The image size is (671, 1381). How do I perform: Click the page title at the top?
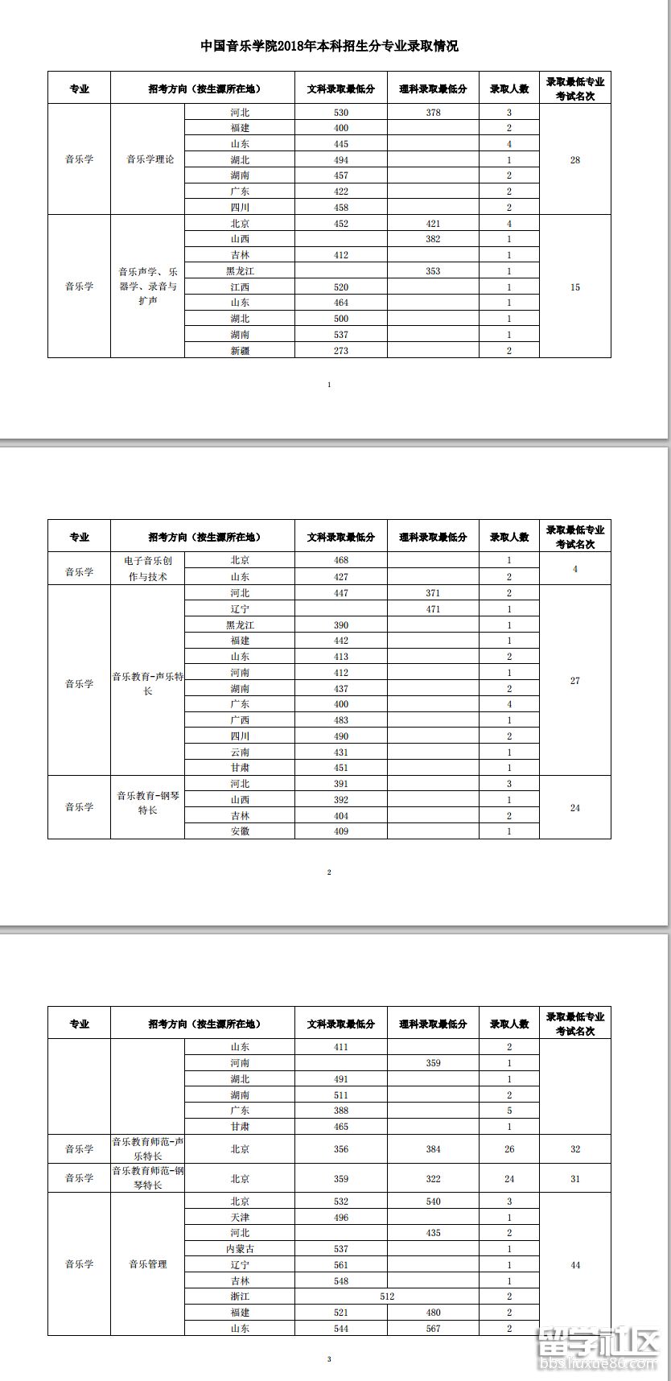[329, 47]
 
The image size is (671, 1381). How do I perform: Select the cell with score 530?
[341, 113]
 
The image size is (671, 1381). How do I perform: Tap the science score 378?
[433, 113]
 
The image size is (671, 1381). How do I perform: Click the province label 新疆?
[240, 351]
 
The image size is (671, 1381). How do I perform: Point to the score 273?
[341, 351]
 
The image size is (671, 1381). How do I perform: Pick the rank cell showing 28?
[574, 160]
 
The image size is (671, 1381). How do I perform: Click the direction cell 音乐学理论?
[150, 159]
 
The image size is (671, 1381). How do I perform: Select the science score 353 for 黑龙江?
[433, 271]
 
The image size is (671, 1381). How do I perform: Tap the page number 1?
[329, 385]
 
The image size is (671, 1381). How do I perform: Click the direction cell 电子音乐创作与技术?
[148, 568]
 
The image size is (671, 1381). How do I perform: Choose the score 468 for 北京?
[341, 560]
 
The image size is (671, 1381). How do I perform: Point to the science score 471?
[433, 609]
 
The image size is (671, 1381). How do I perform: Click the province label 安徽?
[240, 831]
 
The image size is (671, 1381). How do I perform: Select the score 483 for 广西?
[341, 720]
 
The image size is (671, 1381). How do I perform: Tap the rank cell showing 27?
[574, 681]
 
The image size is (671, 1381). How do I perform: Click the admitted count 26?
[509, 1149]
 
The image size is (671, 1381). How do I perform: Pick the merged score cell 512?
[387, 1296]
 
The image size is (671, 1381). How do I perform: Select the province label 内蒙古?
[240, 1249]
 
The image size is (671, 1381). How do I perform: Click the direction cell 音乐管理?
[148, 1264]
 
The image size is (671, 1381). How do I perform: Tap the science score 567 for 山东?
[433, 1329]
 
